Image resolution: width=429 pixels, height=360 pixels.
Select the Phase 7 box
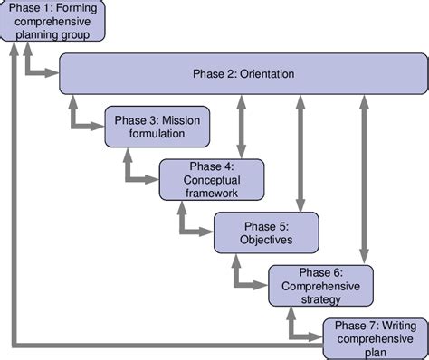point(373,337)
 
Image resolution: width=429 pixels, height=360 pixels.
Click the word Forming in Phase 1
point(84,8)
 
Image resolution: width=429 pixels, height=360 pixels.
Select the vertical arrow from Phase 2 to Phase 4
point(241,126)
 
